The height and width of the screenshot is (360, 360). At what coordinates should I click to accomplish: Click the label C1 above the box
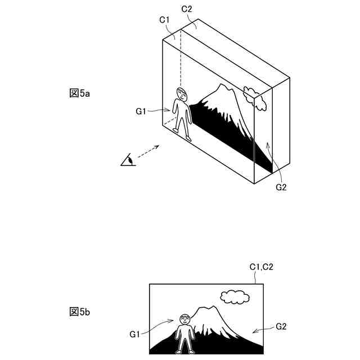pos(165,20)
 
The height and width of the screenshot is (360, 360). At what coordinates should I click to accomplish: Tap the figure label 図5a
pos(80,93)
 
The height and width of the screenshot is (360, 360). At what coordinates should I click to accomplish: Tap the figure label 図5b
pos(80,311)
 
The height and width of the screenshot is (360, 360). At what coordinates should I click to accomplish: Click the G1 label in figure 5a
pos(141,111)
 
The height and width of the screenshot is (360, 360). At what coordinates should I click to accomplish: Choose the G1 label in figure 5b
pos(134,334)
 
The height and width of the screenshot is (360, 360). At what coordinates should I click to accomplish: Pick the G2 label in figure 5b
pos(281,325)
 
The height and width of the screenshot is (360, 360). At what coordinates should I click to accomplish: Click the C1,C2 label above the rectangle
pos(261,267)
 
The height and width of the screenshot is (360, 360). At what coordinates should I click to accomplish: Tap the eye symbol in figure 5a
pos(128,161)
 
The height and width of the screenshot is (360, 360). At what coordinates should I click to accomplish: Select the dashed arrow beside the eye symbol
pos(148,152)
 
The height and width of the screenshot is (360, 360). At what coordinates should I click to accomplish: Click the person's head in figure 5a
pos(181,93)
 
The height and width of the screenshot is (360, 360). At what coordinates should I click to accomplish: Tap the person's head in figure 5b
pos(185,319)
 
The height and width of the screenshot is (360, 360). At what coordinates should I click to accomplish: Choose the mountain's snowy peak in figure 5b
pos(205,311)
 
